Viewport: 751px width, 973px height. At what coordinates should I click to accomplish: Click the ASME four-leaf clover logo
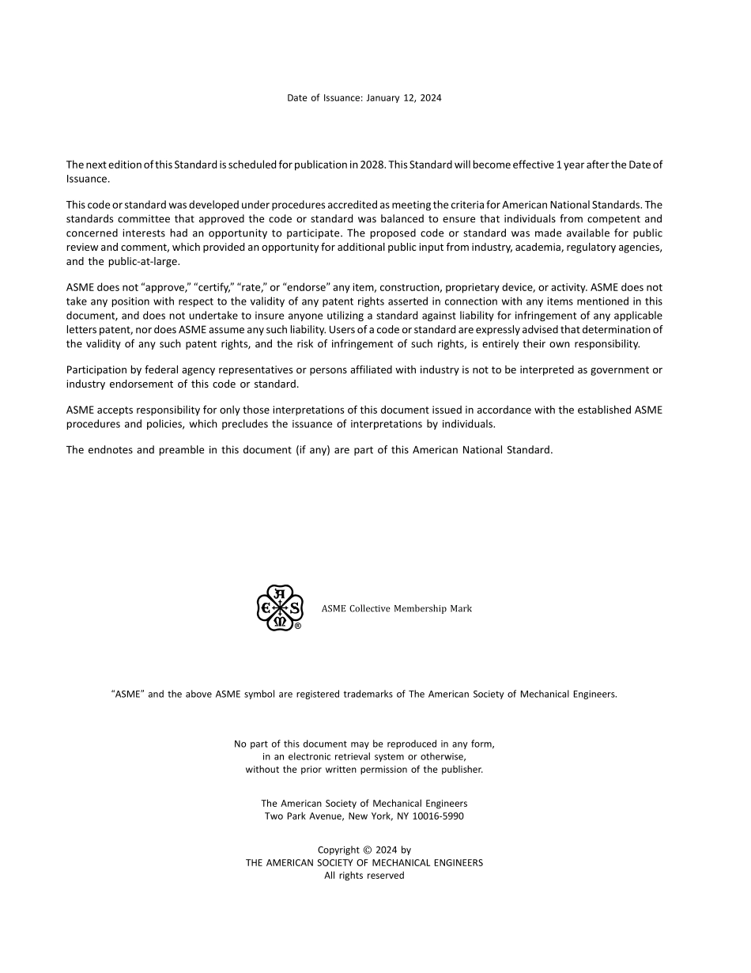[279, 608]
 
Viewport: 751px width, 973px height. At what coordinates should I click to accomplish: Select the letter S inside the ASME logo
[294, 608]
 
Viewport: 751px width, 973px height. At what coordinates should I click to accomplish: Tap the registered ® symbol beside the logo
[298, 626]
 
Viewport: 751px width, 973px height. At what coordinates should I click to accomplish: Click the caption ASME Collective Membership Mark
[396, 608]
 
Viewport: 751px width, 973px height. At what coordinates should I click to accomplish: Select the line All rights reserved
[364, 876]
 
